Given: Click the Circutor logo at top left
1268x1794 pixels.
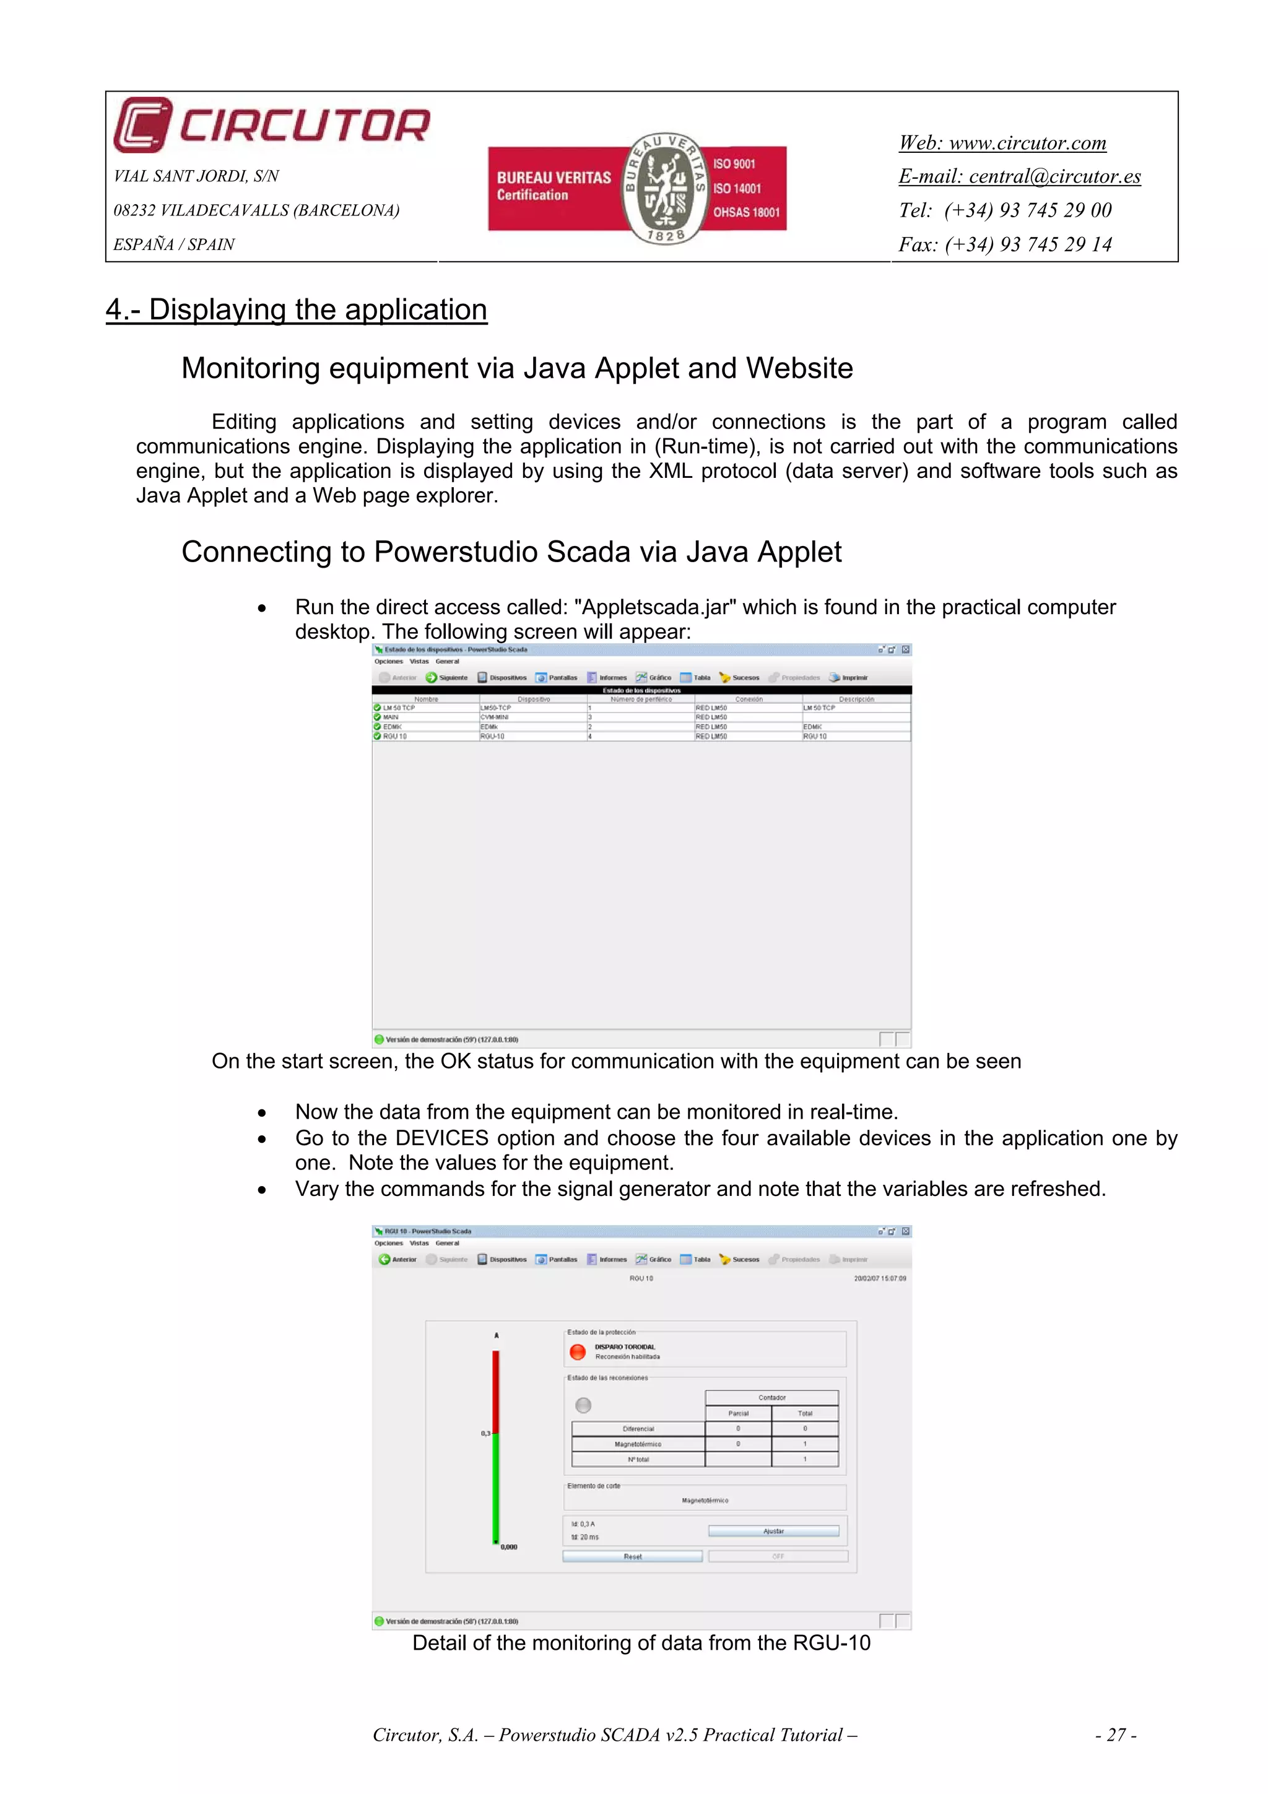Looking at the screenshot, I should [271, 125].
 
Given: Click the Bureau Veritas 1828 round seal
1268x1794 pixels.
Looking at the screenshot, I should [666, 188].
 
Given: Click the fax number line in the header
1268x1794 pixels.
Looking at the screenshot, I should [1005, 245].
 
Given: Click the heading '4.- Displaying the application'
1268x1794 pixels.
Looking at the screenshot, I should [296, 310].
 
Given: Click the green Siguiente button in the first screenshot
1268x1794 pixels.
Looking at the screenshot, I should [447, 677].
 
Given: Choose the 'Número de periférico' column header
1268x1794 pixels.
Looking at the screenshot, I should [641, 700].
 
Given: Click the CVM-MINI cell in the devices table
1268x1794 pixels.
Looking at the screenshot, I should [495, 716].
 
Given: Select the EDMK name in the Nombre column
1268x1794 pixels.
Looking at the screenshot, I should [392, 727].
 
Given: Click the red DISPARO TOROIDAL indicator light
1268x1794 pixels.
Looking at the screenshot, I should [578, 1352].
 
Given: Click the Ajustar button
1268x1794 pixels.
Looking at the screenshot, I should [773, 1532].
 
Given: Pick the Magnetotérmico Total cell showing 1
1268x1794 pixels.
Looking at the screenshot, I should [805, 1444].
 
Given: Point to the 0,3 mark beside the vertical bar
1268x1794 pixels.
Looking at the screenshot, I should [486, 1434].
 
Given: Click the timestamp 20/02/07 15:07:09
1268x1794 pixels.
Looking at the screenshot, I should [880, 1278].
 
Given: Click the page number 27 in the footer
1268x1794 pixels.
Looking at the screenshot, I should [1116, 1735].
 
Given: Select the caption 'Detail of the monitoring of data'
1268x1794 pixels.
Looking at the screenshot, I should [641, 1643].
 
